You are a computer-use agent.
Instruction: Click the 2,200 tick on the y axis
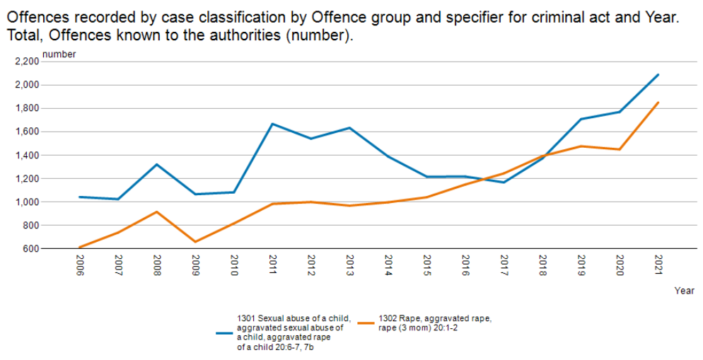pyautogui.click(x=25, y=62)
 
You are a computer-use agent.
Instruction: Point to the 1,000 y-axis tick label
pyautogui.click(x=25, y=202)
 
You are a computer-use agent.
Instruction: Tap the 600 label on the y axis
pyautogui.click(x=30, y=248)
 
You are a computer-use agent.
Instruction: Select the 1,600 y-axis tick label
pyautogui.click(x=25, y=132)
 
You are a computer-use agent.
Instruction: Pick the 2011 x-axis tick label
pyautogui.click(x=272, y=266)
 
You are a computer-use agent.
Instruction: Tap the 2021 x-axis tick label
pyautogui.click(x=658, y=266)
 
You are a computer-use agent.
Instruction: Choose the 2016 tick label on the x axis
pyautogui.click(x=465, y=266)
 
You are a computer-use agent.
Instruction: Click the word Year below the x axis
pyautogui.click(x=684, y=291)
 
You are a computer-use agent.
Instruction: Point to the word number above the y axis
pyautogui.click(x=59, y=54)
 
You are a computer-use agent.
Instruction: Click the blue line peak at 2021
pyautogui.click(x=658, y=74)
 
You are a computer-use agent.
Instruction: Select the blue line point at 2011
pyautogui.click(x=272, y=124)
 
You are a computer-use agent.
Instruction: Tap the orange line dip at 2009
pyautogui.click(x=195, y=242)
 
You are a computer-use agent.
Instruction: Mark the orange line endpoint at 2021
pyautogui.click(x=658, y=103)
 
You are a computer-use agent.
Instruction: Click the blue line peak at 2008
pyautogui.click(x=156, y=164)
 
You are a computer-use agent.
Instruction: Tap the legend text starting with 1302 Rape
pyautogui.click(x=434, y=323)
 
